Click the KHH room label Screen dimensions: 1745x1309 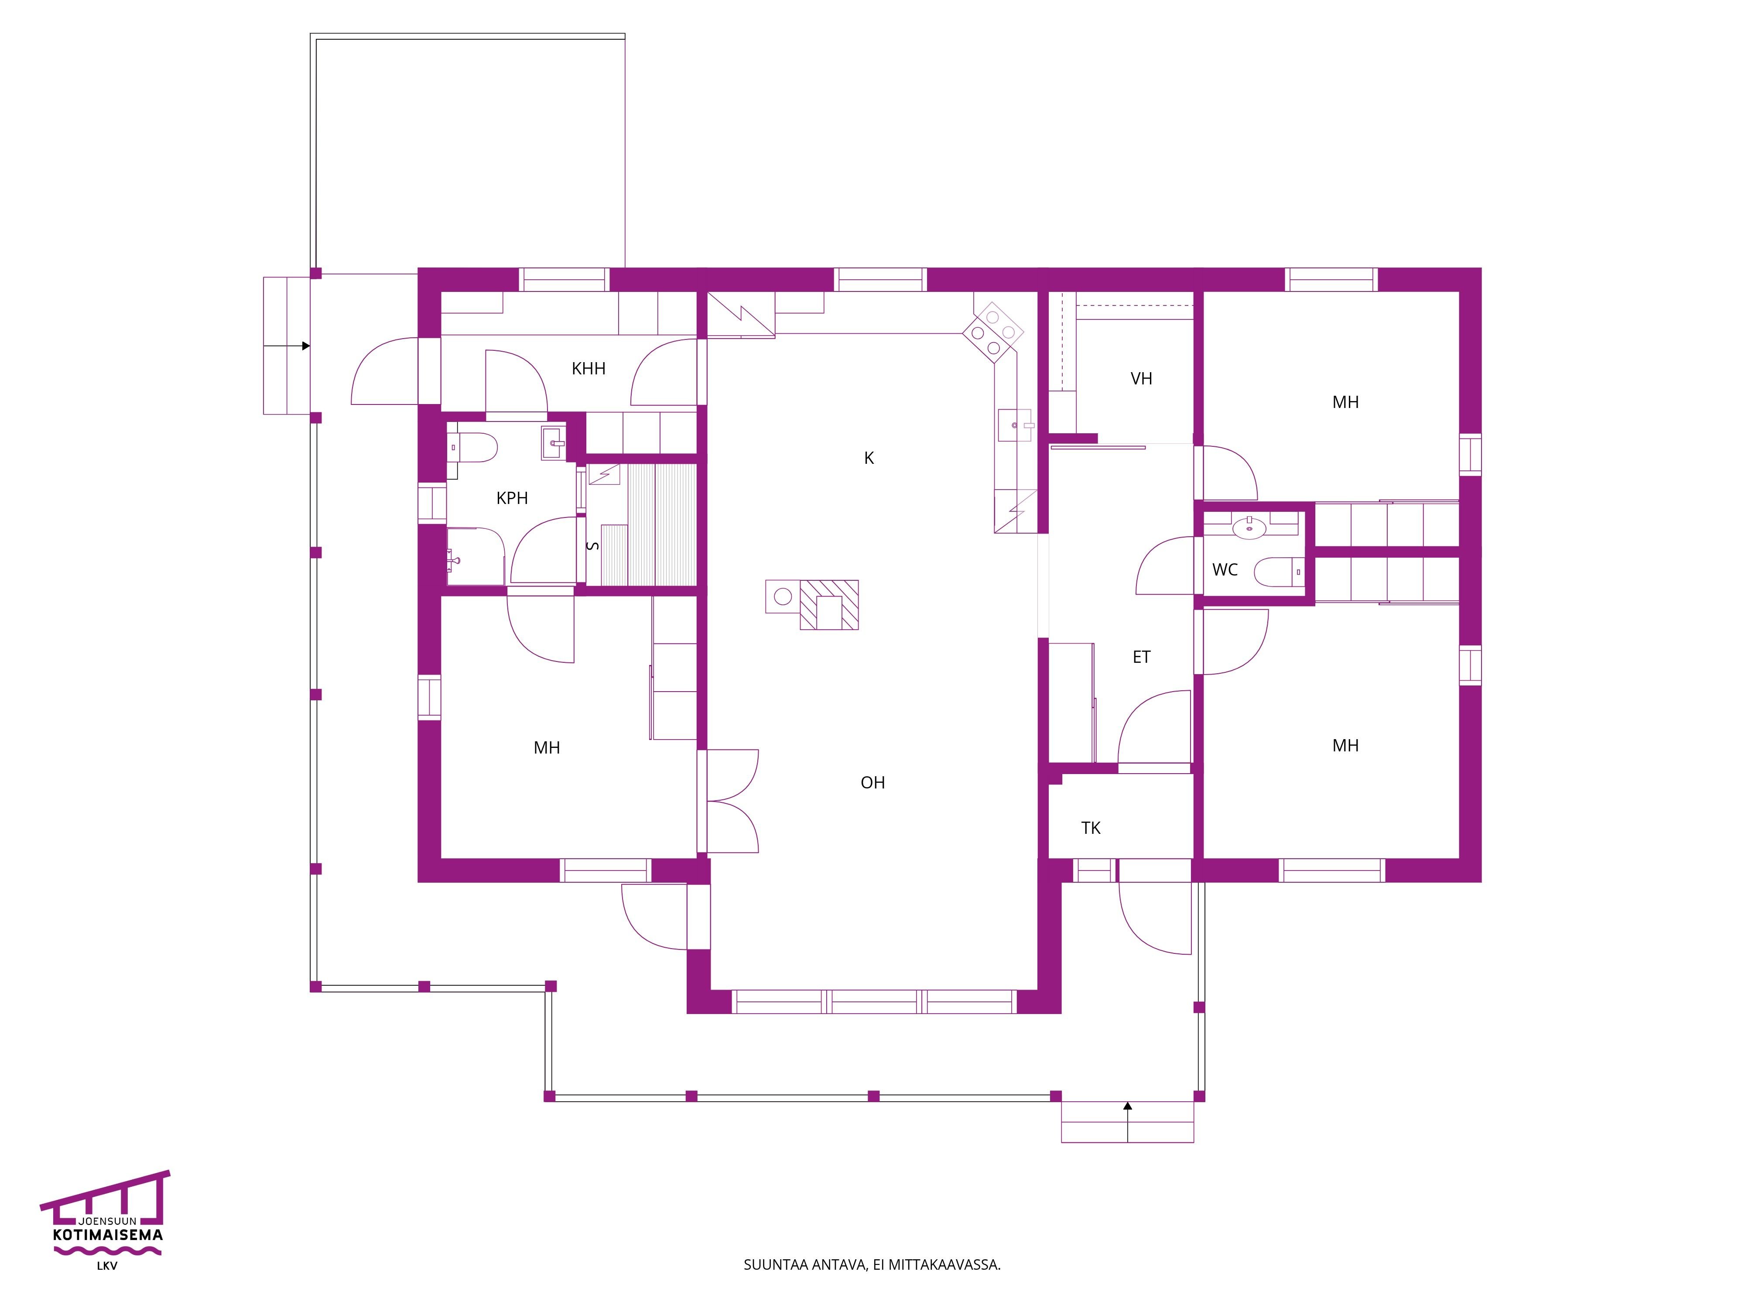[x=589, y=368]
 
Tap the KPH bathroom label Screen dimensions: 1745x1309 [x=512, y=498]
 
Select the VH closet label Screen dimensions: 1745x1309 [x=1142, y=379]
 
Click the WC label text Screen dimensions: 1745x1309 [x=1225, y=570]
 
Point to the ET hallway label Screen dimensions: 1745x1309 [x=1142, y=657]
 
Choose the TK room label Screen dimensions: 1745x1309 [x=1091, y=828]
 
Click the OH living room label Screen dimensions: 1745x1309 [x=872, y=783]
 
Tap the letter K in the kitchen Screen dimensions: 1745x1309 [x=869, y=458]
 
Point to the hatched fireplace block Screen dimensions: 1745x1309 [x=829, y=604]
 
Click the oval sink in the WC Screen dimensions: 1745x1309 [x=1249, y=526]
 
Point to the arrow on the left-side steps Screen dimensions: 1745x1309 [x=286, y=346]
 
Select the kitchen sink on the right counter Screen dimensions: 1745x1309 [x=1015, y=425]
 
